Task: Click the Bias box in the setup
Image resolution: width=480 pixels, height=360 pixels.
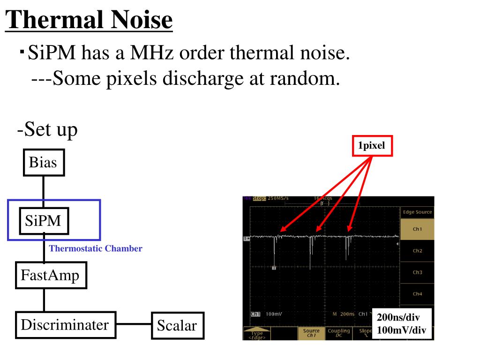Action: [x=44, y=163]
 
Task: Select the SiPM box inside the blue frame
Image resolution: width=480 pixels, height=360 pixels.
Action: [x=44, y=220]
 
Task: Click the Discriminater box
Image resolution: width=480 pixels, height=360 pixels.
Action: [x=65, y=324]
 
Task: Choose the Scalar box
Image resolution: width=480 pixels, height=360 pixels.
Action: [x=177, y=325]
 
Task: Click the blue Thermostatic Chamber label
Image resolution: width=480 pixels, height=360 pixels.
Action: [x=96, y=249]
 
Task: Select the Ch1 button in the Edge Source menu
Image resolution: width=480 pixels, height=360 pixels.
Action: [x=417, y=229]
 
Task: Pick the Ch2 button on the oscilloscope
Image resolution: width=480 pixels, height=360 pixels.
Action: [x=417, y=251]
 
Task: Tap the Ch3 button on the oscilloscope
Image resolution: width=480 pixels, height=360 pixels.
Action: [x=417, y=272]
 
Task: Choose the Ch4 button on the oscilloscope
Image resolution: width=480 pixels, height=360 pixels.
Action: [x=417, y=294]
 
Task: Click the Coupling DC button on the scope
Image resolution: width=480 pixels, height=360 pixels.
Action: [x=338, y=332]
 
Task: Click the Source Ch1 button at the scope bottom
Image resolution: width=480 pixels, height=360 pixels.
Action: [x=311, y=332]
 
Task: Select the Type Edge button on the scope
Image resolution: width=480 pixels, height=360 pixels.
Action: [x=257, y=334]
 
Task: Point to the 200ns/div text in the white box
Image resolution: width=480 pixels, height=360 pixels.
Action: [x=398, y=318]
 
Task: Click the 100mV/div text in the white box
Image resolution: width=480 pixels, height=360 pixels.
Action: [x=401, y=330]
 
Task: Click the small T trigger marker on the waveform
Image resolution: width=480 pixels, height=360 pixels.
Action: [x=274, y=268]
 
